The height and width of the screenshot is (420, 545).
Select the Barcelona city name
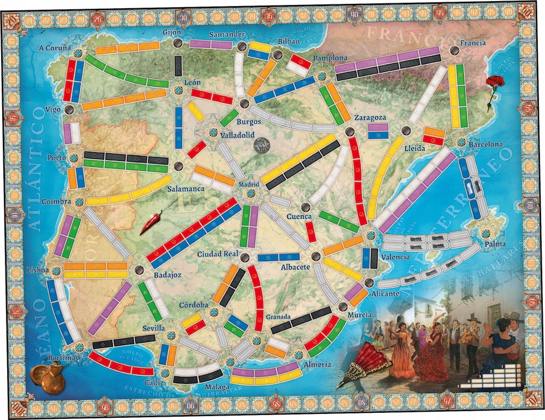pyautogui.click(x=485, y=145)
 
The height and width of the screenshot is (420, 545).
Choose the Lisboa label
pyautogui.click(x=37, y=270)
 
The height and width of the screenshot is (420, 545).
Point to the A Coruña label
pyautogui.click(x=55, y=47)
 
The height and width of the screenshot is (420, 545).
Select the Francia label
pyautogui.click(x=473, y=42)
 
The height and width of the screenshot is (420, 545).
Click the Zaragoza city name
pyautogui.click(x=370, y=117)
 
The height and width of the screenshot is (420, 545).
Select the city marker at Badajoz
pyautogui.click(x=140, y=269)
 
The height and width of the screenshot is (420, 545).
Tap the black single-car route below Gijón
pyautogui.click(x=178, y=66)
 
